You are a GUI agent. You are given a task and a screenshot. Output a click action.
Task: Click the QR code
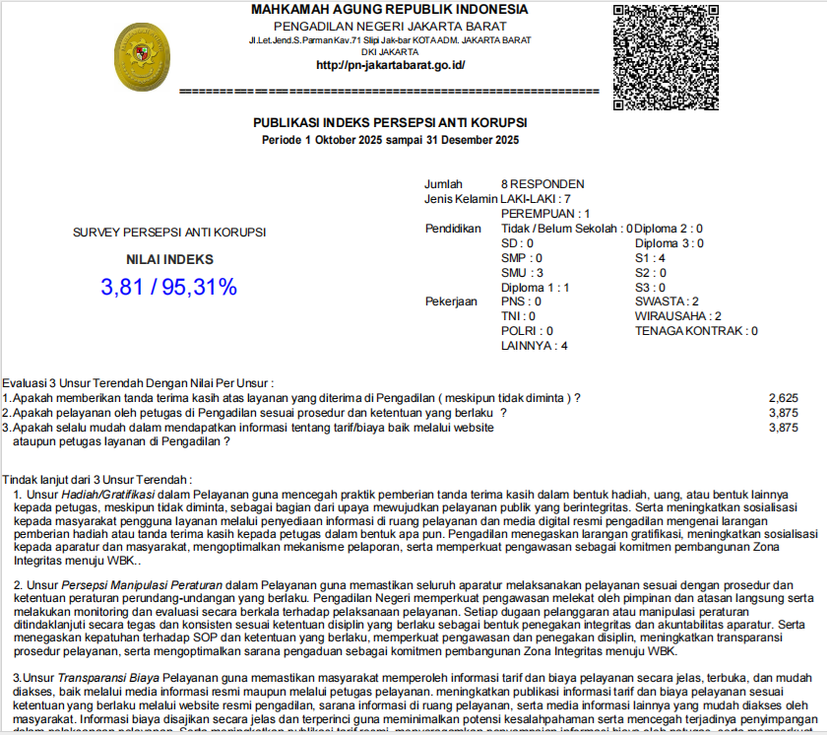tap(666, 57)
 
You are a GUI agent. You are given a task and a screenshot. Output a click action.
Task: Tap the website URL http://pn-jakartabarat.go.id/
tap(390, 66)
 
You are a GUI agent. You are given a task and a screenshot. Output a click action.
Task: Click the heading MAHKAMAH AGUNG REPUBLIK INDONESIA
tap(390, 9)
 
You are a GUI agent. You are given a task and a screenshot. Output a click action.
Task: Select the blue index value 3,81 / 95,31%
tap(168, 288)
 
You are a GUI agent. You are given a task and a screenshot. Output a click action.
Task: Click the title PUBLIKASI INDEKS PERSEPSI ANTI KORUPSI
tap(390, 123)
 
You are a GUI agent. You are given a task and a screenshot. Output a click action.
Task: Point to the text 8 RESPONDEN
tap(542, 184)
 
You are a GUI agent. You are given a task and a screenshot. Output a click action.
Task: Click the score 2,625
tap(783, 398)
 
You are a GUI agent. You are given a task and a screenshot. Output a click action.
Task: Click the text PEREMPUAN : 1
tap(545, 214)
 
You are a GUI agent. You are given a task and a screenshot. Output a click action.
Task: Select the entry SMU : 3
tap(523, 272)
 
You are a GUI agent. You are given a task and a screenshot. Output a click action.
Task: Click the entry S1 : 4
tap(651, 257)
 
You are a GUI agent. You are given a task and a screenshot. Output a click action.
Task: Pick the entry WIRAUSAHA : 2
tap(678, 316)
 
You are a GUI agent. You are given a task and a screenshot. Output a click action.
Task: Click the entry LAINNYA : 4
tap(534, 346)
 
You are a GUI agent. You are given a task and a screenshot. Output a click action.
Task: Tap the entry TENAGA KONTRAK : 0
tap(696, 331)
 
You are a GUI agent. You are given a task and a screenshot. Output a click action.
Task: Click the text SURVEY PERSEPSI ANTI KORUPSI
tap(169, 234)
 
